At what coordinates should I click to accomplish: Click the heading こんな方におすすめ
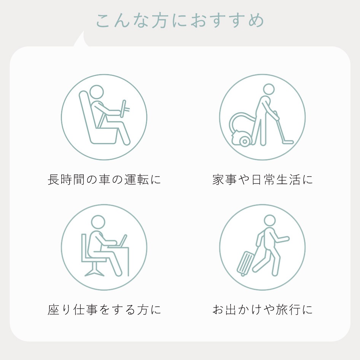(x=180, y=21)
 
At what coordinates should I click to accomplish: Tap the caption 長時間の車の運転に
(x=104, y=180)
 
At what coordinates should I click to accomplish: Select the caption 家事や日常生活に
(x=263, y=180)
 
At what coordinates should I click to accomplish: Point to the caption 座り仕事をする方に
(x=104, y=309)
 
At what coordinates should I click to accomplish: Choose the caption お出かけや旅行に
(x=263, y=309)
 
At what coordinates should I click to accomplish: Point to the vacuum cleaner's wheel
(x=245, y=141)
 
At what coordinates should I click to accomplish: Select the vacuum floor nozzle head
(x=288, y=142)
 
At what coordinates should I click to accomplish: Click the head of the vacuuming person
(x=269, y=89)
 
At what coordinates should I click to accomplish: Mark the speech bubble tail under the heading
(x=81, y=39)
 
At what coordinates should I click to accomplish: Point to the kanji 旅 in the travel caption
(x=282, y=309)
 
